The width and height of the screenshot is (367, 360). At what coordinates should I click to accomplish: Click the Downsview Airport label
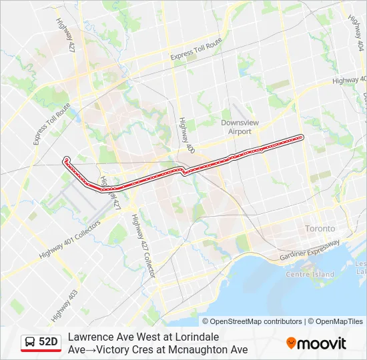(x=237, y=127)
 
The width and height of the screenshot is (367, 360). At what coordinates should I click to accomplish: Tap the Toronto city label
(x=320, y=228)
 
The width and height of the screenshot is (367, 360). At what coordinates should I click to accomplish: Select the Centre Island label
(x=310, y=274)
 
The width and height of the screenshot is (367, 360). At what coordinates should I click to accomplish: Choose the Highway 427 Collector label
(x=143, y=246)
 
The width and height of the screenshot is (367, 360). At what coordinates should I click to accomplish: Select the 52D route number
(x=48, y=342)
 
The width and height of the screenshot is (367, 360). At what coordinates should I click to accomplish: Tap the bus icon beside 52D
(x=29, y=342)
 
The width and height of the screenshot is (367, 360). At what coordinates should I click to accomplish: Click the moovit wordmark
(x=322, y=343)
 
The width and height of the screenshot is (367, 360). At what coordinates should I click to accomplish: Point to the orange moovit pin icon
(x=291, y=343)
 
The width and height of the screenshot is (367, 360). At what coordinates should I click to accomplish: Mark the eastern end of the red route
(x=302, y=137)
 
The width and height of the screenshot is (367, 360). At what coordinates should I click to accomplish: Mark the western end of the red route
(x=65, y=159)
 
